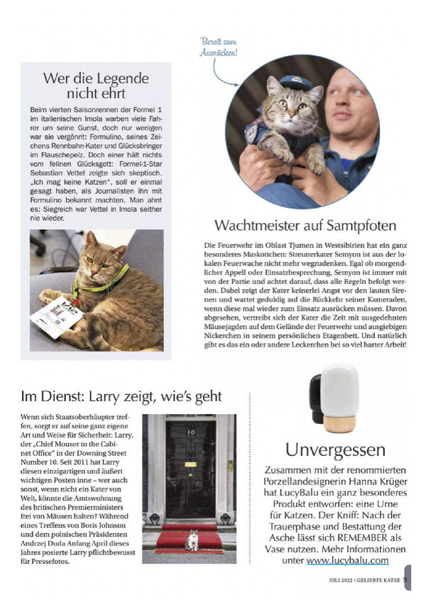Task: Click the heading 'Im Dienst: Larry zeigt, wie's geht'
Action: point(121,395)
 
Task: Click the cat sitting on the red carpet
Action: point(192,541)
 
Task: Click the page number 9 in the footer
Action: point(405,578)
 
